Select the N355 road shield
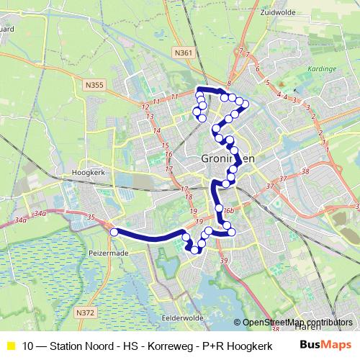pyautogui.click(x=94, y=85)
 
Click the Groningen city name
pyautogui.click(x=227, y=159)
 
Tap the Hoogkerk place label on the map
pyautogui.click(x=90, y=174)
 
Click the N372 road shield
pyautogui.click(x=85, y=312)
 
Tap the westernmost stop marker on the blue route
pyautogui.click(x=113, y=232)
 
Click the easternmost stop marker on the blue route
pyautogui.click(x=245, y=104)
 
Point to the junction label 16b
pyautogui.click(x=228, y=210)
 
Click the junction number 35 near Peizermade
pyautogui.click(x=90, y=217)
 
